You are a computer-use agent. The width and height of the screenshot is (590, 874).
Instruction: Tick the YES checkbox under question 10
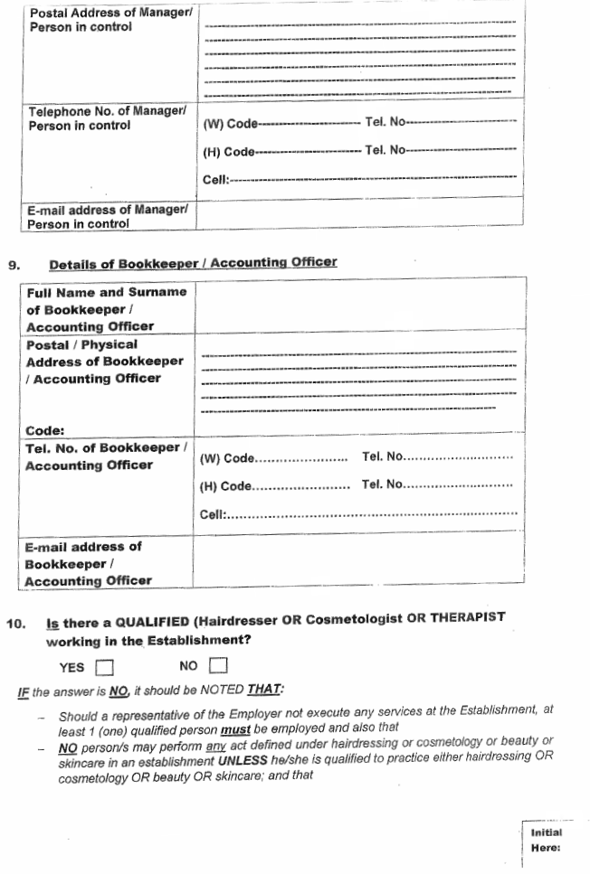click(x=105, y=668)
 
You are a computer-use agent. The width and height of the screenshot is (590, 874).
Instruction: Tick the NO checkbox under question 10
click(x=217, y=667)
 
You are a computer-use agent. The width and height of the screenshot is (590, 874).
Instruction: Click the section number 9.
click(x=13, y=265)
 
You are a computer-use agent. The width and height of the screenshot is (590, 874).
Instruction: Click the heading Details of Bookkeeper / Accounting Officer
click(x=193, y=263)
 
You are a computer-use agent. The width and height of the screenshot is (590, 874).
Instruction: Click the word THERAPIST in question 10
click(x=461, y=617)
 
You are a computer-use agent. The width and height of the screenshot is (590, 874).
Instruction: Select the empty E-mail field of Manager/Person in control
click(x=358, y=211)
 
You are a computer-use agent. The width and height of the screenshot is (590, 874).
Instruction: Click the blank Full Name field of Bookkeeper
click(x=358, y=309)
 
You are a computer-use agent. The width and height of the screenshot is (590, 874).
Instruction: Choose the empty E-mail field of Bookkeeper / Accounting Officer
click(x=358, y=563)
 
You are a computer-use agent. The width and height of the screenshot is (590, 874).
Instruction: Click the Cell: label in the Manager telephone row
click(x=215, y=180)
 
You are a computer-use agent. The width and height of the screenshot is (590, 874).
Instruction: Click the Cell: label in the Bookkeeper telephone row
click(x=213, y=515)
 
